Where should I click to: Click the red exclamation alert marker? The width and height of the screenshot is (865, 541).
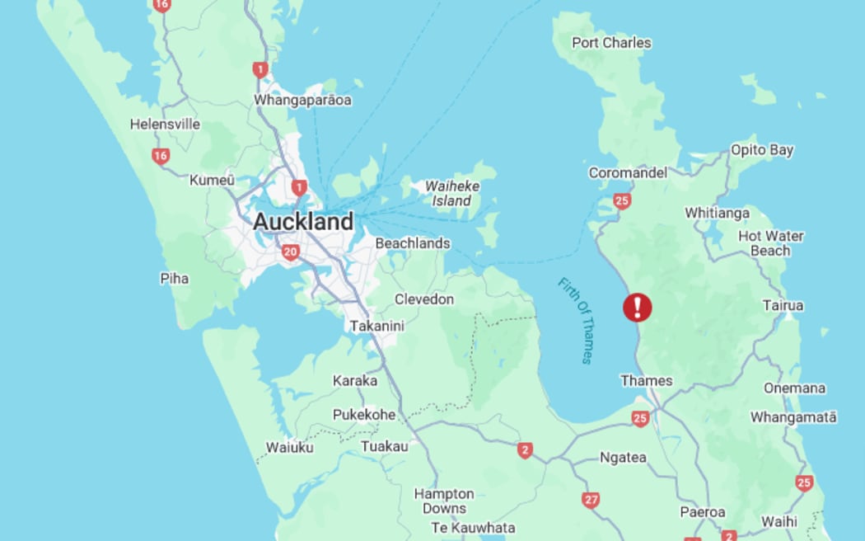(637, 308)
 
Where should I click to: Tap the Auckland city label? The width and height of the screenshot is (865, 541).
(302, 222)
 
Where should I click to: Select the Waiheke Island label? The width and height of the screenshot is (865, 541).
(451, 193)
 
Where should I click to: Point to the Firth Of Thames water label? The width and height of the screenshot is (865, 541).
(575, 320)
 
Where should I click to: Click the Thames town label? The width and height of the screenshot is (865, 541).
(646, 381)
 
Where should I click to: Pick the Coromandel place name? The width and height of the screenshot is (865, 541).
(627, 173)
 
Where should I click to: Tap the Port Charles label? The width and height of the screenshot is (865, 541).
(610, 43)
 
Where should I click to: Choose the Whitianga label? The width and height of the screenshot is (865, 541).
(717, 213)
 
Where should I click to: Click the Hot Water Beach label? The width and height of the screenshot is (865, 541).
(770, 243)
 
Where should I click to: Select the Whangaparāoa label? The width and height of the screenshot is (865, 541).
(302, 101)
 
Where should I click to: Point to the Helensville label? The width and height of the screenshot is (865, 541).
(165, 125)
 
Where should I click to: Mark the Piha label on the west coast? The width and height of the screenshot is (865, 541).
(174, 279)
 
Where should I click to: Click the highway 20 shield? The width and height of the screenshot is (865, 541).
(290, 252)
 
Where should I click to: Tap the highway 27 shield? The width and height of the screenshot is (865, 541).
(591, 500)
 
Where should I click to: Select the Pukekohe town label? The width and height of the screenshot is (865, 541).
(363, 415)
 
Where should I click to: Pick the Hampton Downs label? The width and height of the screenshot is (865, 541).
(443, 501)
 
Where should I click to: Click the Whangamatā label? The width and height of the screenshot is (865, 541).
(793, 417)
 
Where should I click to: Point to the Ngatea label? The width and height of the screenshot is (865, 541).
(622, 457)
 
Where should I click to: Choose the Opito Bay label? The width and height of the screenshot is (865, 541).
(761, 150)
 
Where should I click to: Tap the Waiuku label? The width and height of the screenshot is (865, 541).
(289, 448)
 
